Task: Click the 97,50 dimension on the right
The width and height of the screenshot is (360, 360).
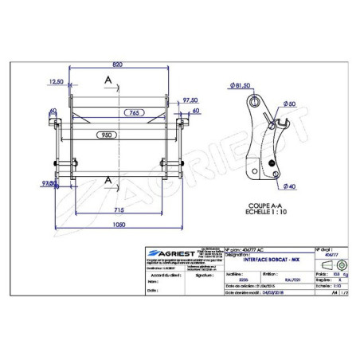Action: [x=189, y=100]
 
